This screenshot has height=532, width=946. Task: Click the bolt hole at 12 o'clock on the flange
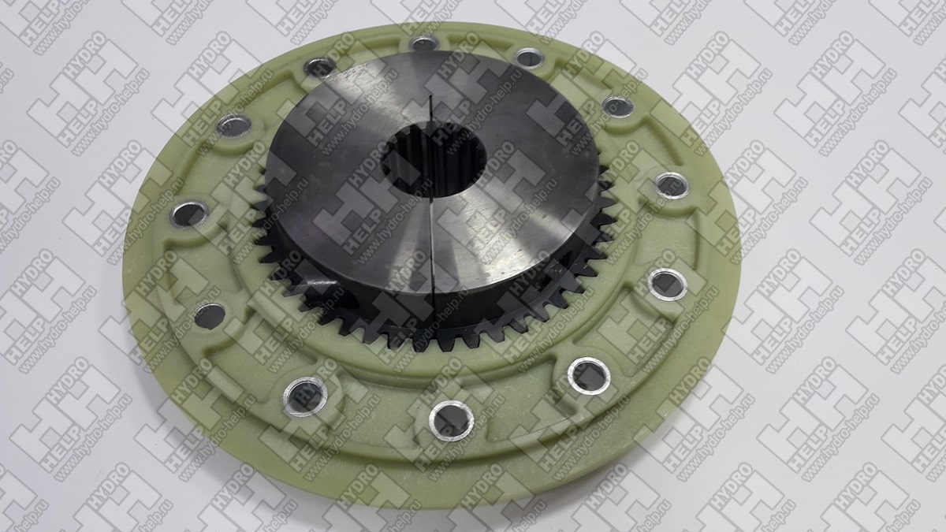click(424, 43)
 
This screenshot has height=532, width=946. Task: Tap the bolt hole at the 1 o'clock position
click(529, 58)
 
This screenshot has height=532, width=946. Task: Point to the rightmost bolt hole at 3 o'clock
click(672, 186)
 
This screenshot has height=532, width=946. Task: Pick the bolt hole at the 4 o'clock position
click(667, 285)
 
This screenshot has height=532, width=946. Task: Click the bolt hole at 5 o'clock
click(589, 376)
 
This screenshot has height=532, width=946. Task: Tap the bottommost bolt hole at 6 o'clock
click(452, 421)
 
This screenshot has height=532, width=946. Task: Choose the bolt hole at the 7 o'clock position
click(305, 396)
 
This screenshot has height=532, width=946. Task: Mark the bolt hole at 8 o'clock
click(210, 316)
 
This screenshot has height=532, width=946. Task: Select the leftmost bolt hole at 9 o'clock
click(188, 214)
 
